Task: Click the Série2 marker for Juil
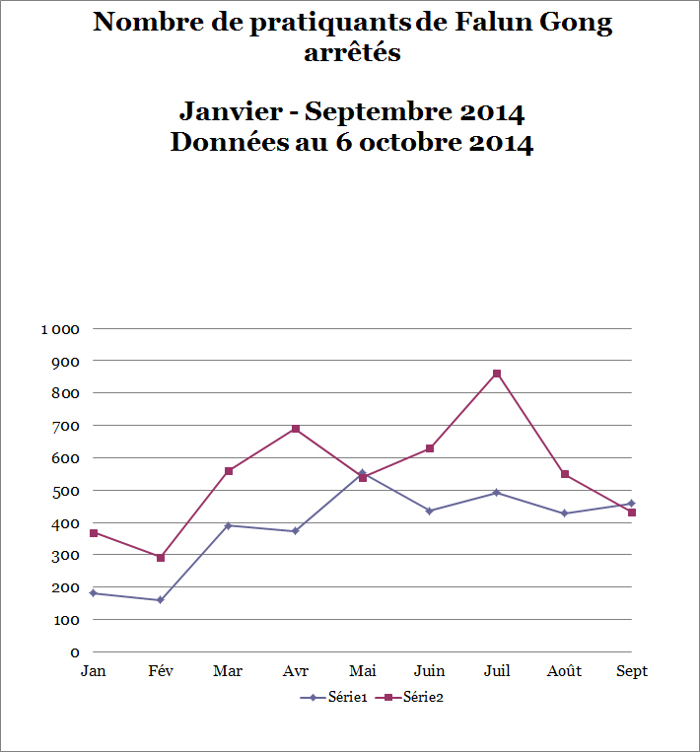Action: pos(497,374)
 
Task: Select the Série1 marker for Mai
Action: pos(362,473)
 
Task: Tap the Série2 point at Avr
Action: pos(295,429)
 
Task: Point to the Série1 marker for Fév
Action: pos(161,600)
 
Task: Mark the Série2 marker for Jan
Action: pos(94,533)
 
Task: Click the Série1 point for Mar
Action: pos(228,525)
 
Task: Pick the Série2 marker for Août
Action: pos(564,474)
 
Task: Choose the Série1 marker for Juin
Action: pos(430,511)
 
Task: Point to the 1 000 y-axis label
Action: pos(59,328)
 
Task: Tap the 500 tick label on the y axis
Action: pos(66,490)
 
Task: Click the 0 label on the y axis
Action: pos(74,652)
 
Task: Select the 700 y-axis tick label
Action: pos(66,426)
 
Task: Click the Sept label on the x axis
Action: pos(632,671)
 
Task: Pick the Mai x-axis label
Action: pos(363,671)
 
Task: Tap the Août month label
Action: pos(564,671)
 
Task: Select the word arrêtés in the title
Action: pos(352,52)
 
